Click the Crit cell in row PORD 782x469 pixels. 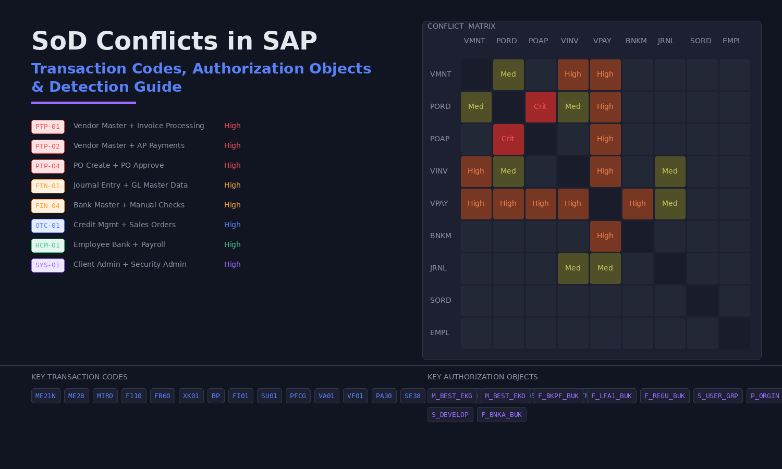[541, 107]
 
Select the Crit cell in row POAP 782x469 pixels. [508, 139]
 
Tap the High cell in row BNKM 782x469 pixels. [605, 236]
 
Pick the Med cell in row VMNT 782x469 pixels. [508, 75]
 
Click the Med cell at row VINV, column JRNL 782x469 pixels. [670, 171]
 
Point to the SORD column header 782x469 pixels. [701, 41]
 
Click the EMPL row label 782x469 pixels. [439, 332]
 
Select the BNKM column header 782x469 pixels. [636, 41]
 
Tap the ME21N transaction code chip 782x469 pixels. [46, 396]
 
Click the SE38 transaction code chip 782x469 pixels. [412, 396]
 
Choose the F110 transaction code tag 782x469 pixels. [133, 396]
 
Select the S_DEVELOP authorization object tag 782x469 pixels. [450, 415]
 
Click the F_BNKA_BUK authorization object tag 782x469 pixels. [502, 415]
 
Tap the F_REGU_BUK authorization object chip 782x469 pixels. [665, 396]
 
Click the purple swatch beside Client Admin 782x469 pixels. [48, 265]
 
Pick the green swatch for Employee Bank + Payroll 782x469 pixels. [48, 245]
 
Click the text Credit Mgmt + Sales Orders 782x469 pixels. [125, 225]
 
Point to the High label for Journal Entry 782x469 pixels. [233, 185]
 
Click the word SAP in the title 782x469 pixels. [290, 41]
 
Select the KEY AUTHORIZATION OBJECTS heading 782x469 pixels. [483, 377]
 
